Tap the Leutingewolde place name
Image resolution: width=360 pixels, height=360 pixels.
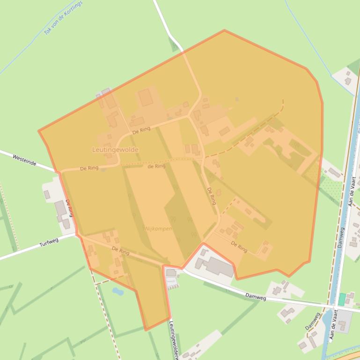coord(115,150)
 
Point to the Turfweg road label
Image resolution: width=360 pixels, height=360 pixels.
coord(49,243)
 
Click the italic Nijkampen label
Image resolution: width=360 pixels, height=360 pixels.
coord(158,229)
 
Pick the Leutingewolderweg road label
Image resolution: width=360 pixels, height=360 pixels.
coord(173,340)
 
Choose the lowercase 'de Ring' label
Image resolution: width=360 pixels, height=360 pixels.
coord(156,166)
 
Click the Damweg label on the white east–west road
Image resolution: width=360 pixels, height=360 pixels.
coord(256,297)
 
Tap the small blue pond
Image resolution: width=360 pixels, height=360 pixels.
coord(118,291)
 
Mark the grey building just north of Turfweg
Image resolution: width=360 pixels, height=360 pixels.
coord(60,210)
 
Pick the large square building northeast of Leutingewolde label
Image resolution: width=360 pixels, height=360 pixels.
coord(145,98)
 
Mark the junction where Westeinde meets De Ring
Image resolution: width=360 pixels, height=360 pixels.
coord(59,172)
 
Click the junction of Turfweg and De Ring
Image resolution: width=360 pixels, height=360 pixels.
coord(77,235)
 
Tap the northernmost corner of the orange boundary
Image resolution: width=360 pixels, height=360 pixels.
coord(224,30)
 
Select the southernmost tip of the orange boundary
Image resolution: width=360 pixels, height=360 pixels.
coord(147,330)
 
